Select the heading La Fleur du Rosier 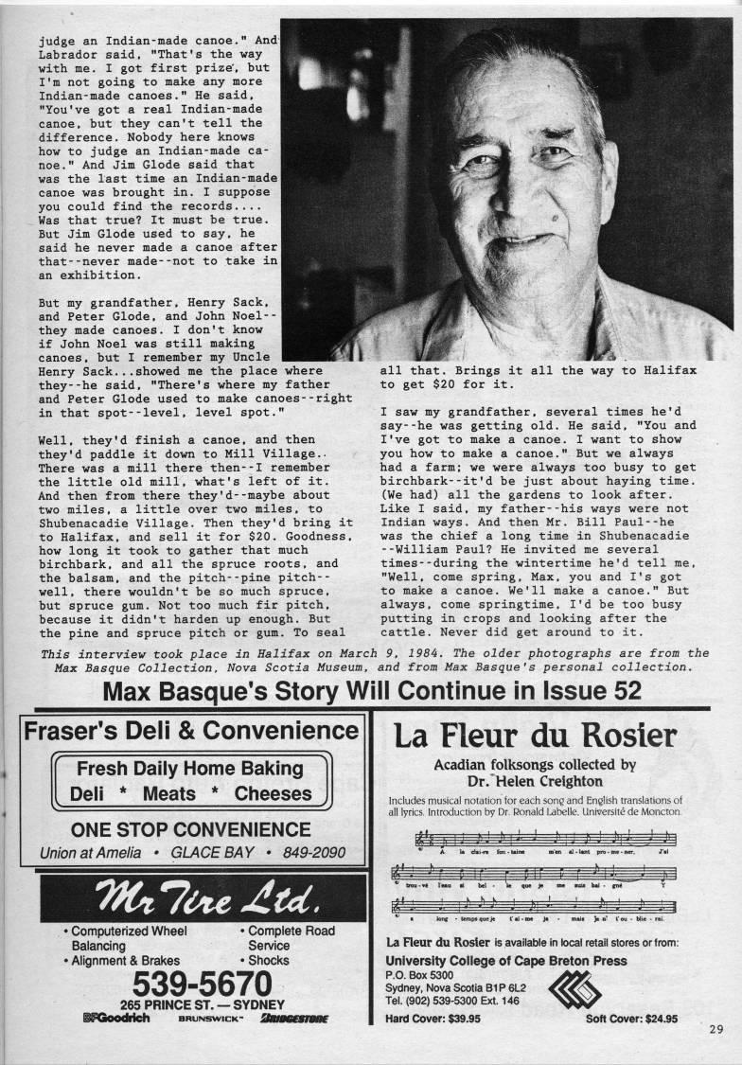pos(536,737)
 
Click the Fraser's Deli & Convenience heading pos(192,730)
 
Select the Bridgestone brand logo pos(294,1019)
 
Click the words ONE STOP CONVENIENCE pos(191,829)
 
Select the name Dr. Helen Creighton pos(536,783)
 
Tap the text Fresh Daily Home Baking pos(190,769)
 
